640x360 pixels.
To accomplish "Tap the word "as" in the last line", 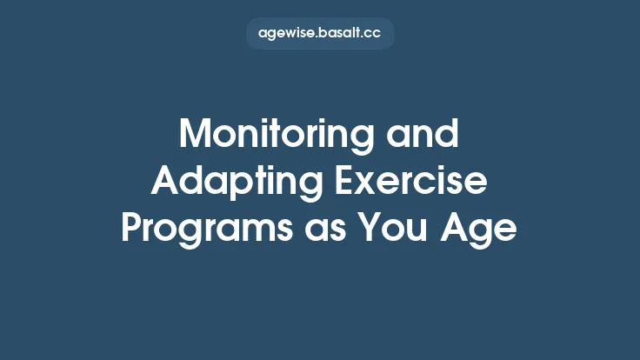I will click(x=333, y=229).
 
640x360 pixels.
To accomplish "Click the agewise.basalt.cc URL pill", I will click(x=320, y=33).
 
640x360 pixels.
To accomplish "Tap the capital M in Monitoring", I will click(x=195, y=137).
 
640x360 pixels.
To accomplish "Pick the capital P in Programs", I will click(x=130, y=229).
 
